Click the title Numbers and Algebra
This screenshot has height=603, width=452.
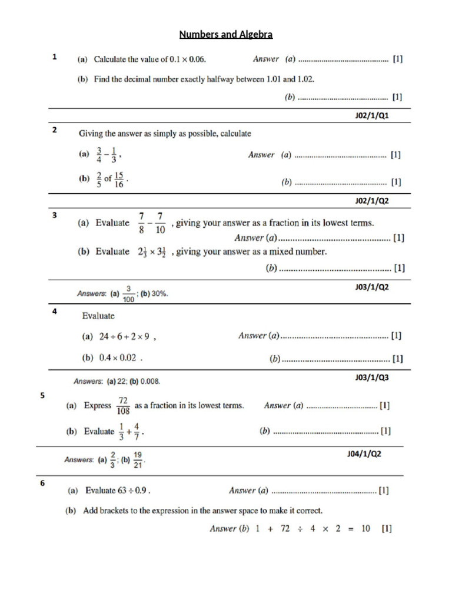(226, 35)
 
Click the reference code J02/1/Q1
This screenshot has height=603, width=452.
(372, 116)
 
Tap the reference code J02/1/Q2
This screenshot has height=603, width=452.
(372, 201)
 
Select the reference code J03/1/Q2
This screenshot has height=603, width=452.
(372, 287)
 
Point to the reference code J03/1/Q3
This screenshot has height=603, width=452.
(372, 377)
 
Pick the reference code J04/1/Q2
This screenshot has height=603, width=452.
(364, 454)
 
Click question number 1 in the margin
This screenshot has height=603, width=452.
(54, 58)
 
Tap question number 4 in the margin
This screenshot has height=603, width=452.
(54, 312)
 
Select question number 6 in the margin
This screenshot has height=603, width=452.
(42, 483)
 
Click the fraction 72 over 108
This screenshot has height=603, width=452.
(124, 406)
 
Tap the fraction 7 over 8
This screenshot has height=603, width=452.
(141, 223)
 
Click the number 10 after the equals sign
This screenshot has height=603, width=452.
(365, 529)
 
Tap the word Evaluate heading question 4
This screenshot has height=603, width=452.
(98, 316)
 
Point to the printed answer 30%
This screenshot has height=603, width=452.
(159, 293)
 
